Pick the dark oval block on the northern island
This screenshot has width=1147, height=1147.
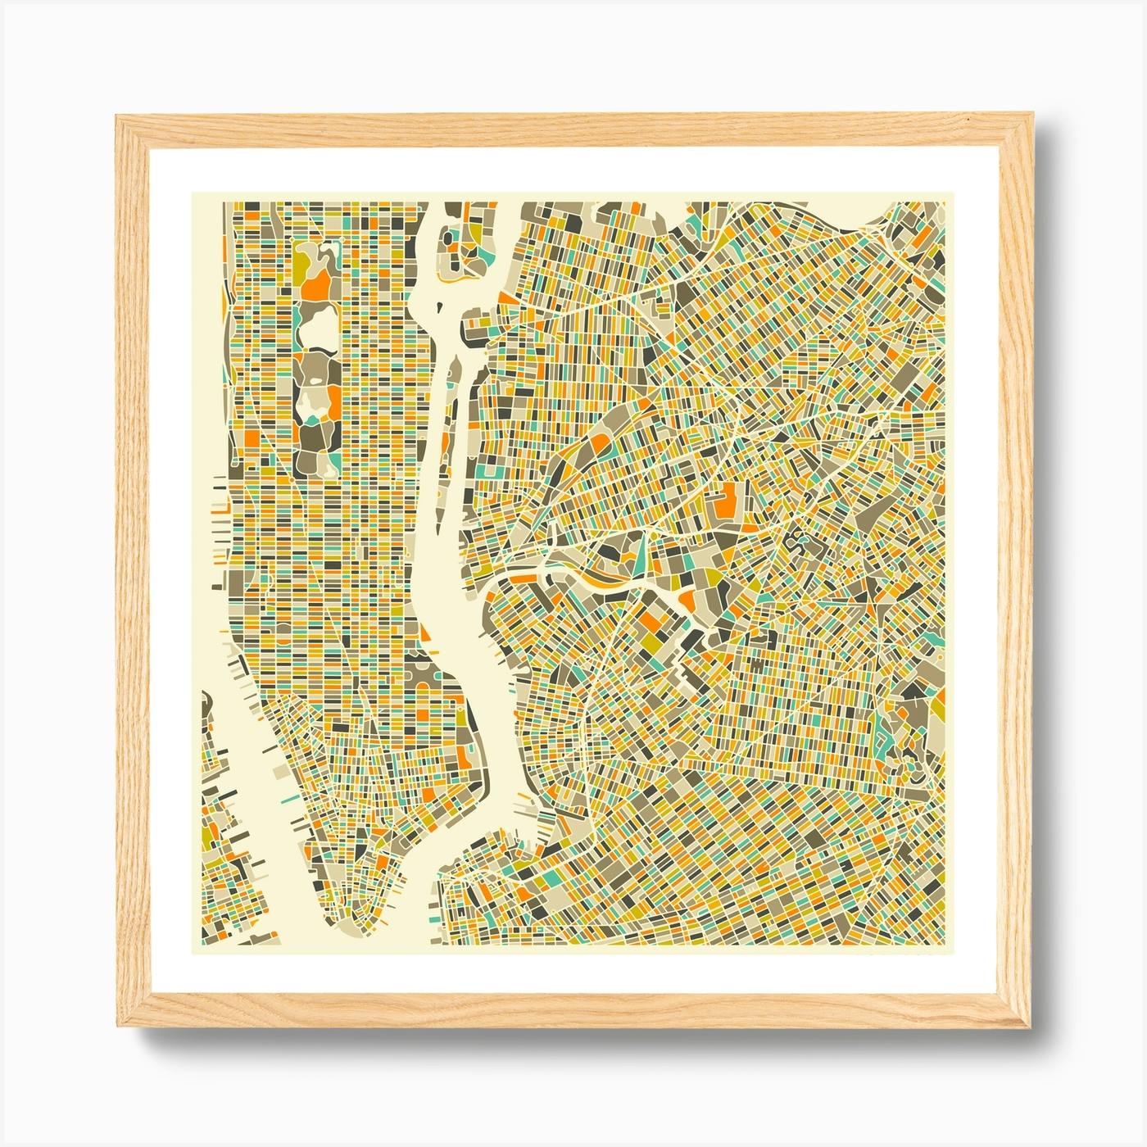click(x=449, y=238)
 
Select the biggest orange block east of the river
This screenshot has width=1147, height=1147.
click(x=726, y=500)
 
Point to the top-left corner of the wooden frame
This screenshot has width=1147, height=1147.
click(x=117, y=117)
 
